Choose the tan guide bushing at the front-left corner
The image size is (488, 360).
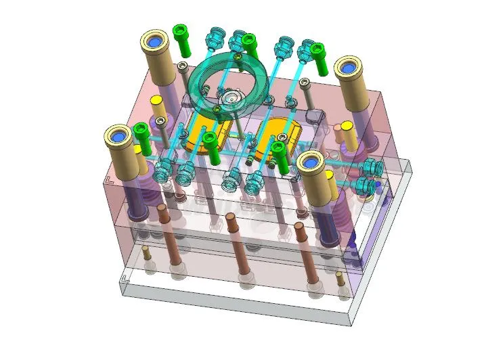click(119, 148)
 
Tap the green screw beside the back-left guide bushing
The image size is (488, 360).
click(181, 39)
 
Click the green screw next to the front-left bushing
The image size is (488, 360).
click(142, 136)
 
